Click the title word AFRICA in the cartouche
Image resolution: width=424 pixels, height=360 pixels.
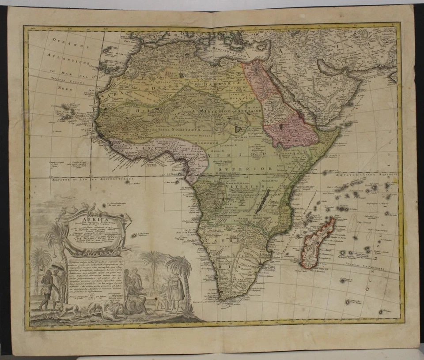point(91,215)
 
